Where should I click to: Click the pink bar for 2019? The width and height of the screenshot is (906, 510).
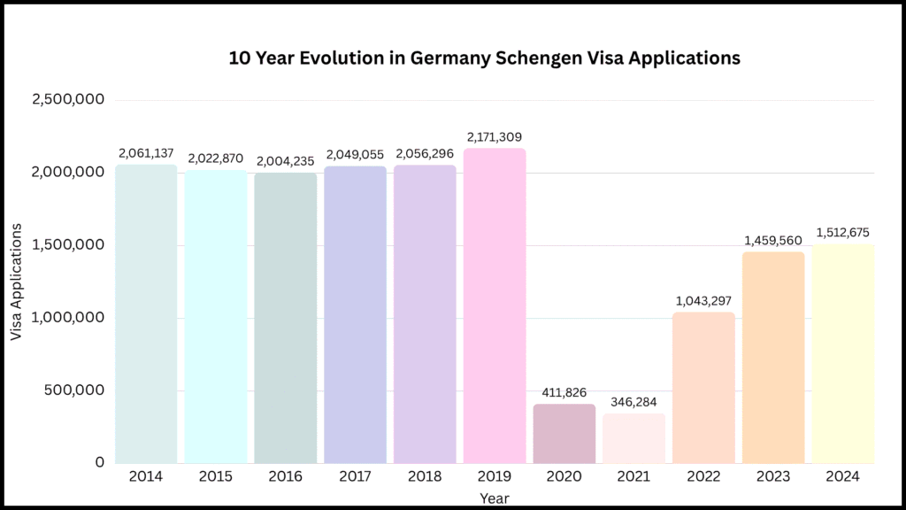(x=495, y=305)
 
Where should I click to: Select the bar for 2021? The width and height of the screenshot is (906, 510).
(x=633, y=438)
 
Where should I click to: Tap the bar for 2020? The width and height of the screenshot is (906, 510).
(x=564, y=434)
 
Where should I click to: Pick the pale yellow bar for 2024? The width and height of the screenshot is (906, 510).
(x=842, y=354)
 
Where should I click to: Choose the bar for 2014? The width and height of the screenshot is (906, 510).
(x=146, y=313)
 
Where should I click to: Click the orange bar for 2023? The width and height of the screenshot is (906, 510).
(x=773, y=358)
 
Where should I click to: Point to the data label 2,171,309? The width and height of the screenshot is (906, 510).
(x=495, y=136)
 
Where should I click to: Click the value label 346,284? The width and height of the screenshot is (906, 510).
(x=633, y=402)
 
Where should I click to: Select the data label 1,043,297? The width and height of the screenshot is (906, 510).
(x=703, y=301)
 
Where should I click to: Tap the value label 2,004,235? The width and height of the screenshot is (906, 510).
(x=285, y=161)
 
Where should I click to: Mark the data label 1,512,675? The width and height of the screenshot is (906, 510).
(x=842, y=233)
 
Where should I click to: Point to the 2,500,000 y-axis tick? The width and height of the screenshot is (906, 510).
(x=67, y=100)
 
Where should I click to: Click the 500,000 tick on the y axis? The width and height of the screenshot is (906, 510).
(x=73, y=390)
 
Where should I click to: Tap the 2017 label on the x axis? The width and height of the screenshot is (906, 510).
(x=355, y=477)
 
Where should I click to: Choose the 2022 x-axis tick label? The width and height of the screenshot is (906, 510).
(x=703, y=477)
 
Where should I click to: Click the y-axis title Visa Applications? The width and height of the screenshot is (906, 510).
(x=16, y=282)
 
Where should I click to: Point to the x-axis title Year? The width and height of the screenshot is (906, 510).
(x=494, y=498)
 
